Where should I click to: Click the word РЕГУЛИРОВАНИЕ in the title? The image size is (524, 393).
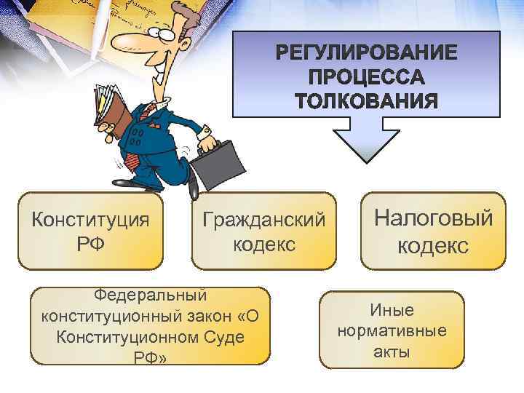click(367, 54)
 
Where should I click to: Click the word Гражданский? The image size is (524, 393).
click(264, 219)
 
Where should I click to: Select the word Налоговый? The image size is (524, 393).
click(433, 218)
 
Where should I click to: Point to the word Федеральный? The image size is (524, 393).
click(151, 295)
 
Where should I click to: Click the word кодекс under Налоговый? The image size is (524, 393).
click(433, 245)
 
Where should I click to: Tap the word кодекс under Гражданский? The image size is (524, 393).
click(264, 244)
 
